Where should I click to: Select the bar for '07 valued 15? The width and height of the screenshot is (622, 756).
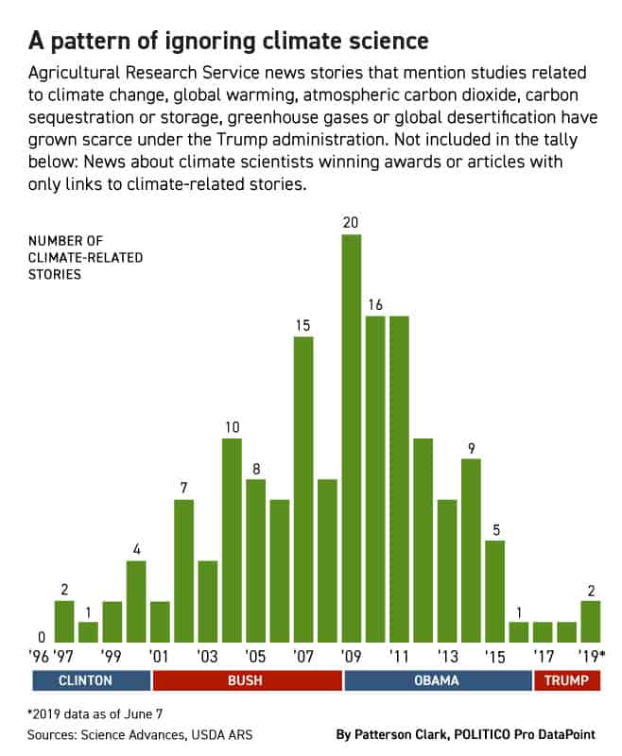click(303, 488)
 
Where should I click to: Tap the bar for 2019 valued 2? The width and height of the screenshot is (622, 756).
click(591, 621)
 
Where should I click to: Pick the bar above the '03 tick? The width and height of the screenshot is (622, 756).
click(208, 601)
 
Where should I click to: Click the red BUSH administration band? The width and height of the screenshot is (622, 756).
click(248, 680)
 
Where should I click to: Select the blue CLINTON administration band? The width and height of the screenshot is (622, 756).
click(92, 680)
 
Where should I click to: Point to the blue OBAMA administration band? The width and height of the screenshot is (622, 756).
click(438, 680)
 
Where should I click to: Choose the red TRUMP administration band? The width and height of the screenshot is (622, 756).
click(567, 680)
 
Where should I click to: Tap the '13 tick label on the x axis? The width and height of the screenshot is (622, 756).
click(447, 654)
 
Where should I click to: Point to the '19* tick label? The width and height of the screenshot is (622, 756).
click(594, 654)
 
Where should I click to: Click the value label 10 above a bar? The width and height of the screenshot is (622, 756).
click(232, 427)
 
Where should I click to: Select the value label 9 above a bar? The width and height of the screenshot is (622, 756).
click(471, 448)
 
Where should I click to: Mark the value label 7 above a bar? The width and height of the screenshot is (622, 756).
click(183, 488)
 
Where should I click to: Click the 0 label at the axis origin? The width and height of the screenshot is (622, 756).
click(42, 637)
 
